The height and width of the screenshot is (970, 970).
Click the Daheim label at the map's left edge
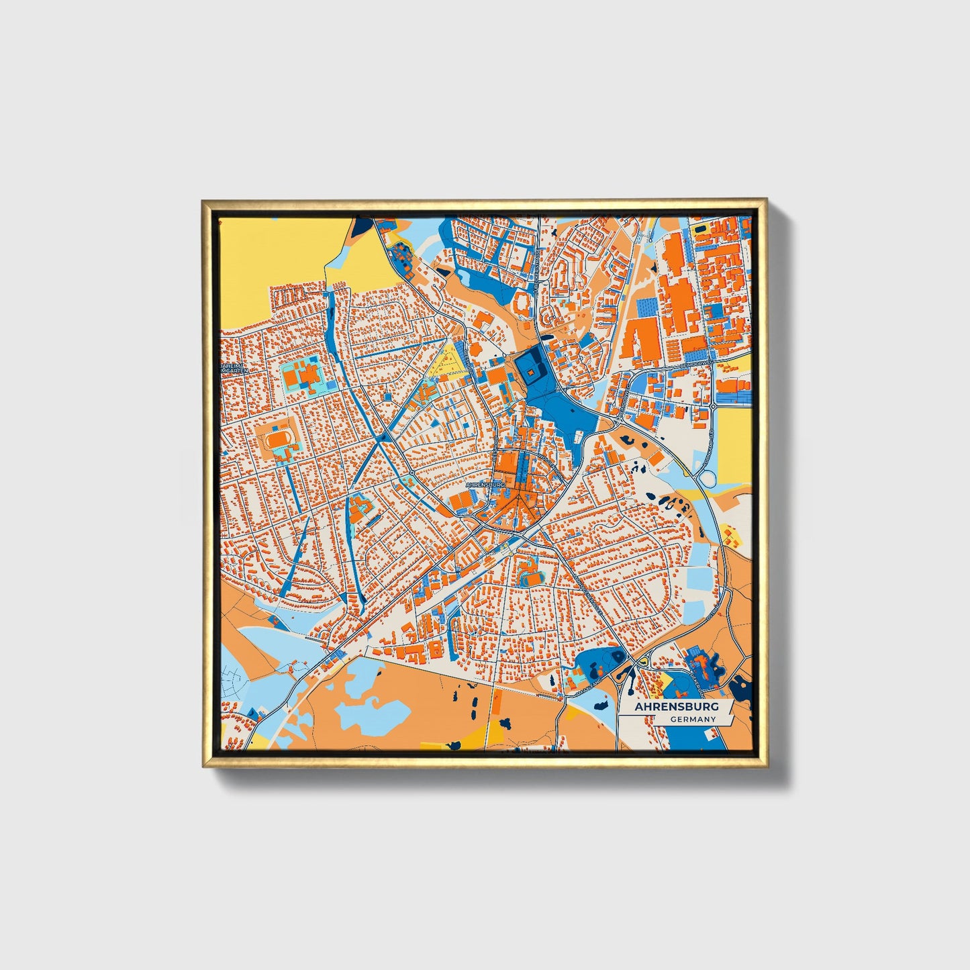click(234, 368)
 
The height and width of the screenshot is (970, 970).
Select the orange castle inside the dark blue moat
click(530, 371)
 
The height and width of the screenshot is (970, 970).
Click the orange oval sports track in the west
click(276, 440)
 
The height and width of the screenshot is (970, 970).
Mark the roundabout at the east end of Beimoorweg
click(712, 407)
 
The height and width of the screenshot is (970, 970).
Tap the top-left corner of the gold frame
click(204, 201)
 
